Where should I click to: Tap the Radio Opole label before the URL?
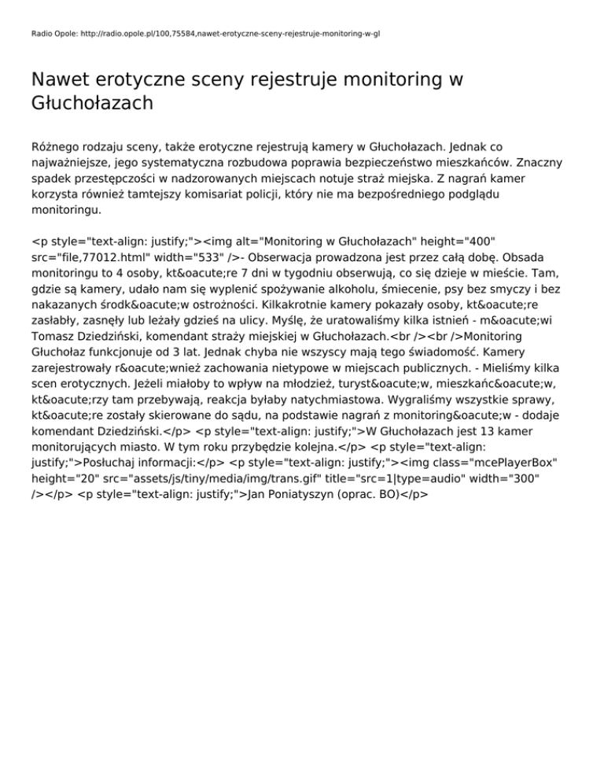[x=52, y=35]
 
